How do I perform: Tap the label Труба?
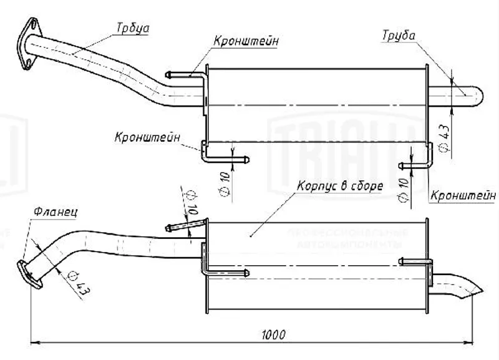click(x=399, y=36)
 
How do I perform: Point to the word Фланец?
click(x=52, y=212)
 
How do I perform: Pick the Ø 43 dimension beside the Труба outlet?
click(x=445, y=137)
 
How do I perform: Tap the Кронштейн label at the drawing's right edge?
click(x=459, y=195)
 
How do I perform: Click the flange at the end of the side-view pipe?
click(x=27, y=274)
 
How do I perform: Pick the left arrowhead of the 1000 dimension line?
click(x=35, y=342)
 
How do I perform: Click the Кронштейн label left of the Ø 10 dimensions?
click(x=147, y=136)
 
